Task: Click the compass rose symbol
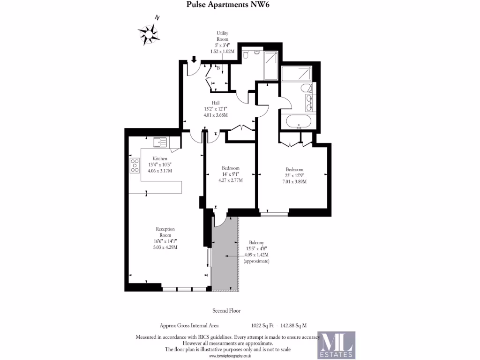click(x=150, y=33)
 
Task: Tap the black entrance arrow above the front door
click(x=194, y=60)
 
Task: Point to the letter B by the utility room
click(x=218, y=68)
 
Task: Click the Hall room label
click(x=216, y=103)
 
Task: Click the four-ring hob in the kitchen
click(x=135, y=165)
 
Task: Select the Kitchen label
click(x=160, y=158)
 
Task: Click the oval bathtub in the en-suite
click(x=298, y=121)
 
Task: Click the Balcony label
click(x=256, y=242)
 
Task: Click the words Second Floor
click(x=226, y=311)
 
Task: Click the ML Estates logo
click(x=336, y=345)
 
